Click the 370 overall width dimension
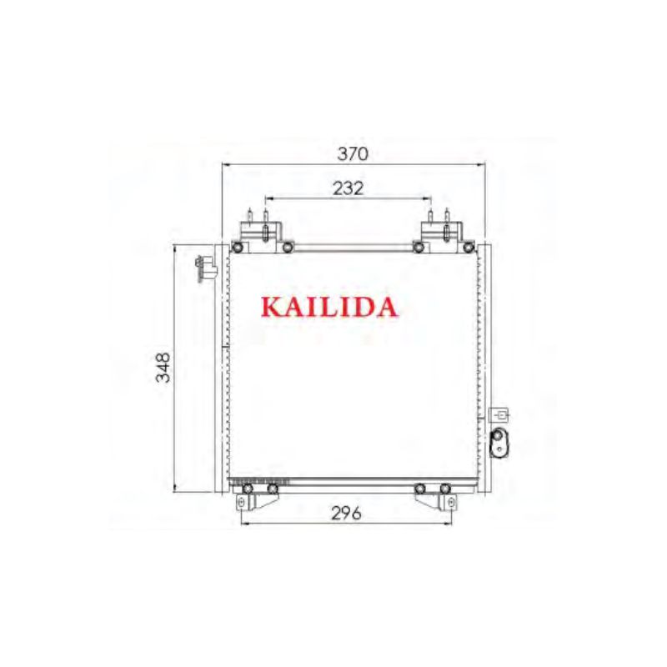click(352, 153)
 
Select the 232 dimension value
click(347, 188)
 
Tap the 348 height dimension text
click(163, 368)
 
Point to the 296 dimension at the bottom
click(345, 514)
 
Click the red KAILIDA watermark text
click(329, 308)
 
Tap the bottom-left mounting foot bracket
click(254, 498)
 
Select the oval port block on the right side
click(499, 442)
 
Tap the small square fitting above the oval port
click(500, 414)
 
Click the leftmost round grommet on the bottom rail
click(247, 489)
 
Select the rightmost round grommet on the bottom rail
click(446, 489)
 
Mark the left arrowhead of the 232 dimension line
click(267, 199)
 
